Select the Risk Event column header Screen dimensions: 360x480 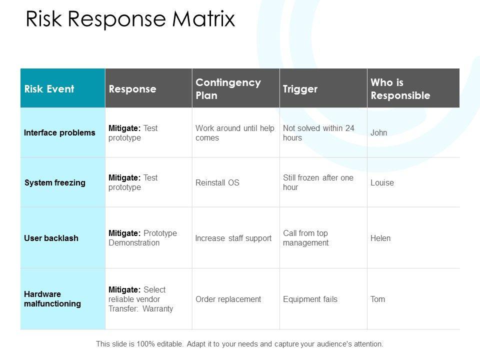point(49,89)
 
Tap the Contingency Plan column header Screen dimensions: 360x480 point(228,88)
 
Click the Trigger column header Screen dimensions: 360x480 point(300,89)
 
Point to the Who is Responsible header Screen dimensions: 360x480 point(400,88)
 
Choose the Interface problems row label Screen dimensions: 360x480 point(59,133)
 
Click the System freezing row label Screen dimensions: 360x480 point(55,182)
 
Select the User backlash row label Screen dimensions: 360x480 point(51,238)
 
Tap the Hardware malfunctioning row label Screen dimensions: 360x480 point(52,299)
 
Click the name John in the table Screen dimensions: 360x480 point(379,133)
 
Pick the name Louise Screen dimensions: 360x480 point(382,183)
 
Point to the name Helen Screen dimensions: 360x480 point(380,238)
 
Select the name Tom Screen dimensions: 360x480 point(378,299)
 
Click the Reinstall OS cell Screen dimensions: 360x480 point(217,183)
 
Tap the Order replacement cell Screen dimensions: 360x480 point(228,299)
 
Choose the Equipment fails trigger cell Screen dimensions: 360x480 point(310,299)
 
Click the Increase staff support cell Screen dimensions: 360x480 point(233,238)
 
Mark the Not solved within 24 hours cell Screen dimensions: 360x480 point(318,133)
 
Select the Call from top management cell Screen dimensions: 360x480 point(305,238)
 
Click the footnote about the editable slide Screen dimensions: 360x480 point(239,344)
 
